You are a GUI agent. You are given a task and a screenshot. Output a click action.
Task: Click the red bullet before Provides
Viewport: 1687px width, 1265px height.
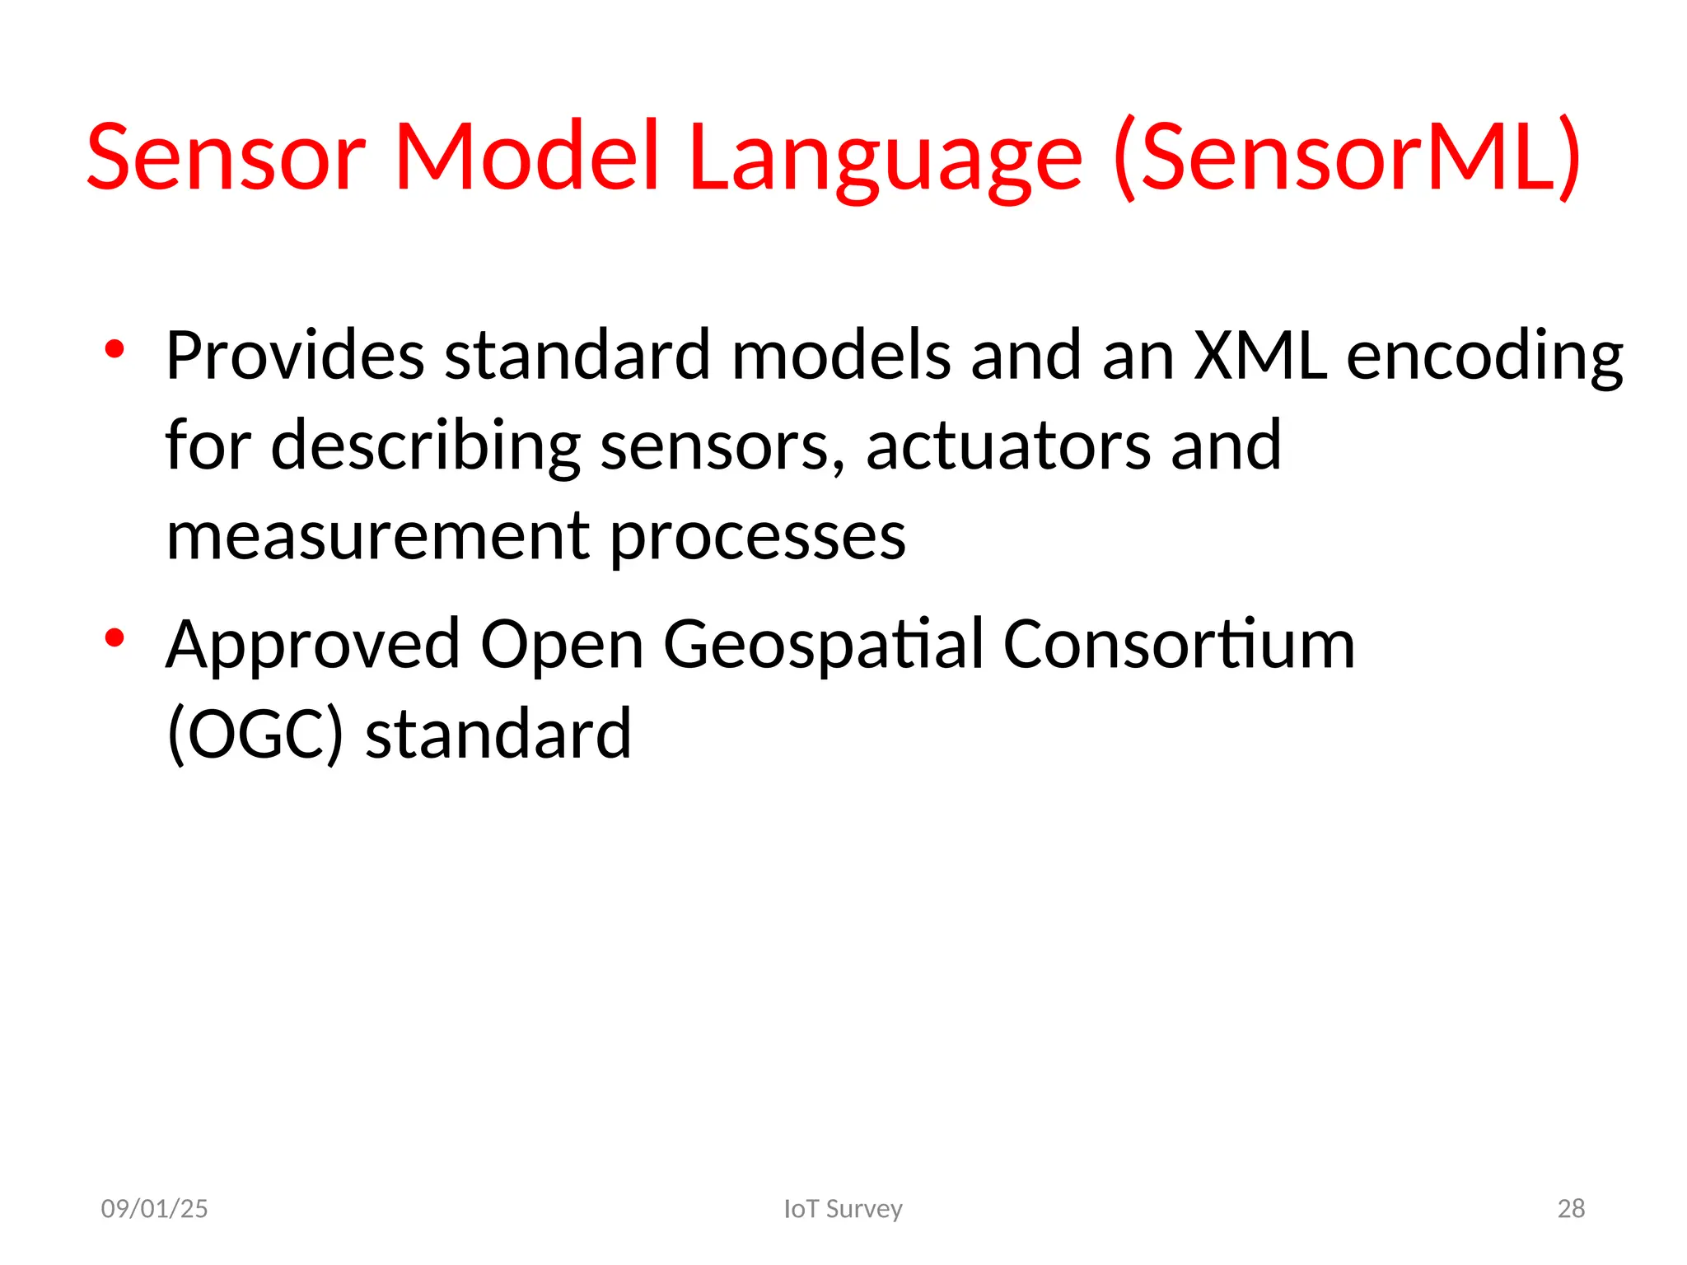click(114, 349)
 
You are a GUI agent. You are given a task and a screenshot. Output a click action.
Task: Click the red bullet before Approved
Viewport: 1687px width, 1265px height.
click(114, 637)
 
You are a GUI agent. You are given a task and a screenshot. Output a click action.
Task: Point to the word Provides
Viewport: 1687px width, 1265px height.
click(295, 356)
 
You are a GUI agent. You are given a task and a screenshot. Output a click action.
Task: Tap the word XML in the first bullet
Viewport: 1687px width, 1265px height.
click(1260, 356)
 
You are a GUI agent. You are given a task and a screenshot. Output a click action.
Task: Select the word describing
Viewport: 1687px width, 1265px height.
click(425, 448)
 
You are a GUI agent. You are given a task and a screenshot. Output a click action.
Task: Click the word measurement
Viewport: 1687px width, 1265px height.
click(378, 537)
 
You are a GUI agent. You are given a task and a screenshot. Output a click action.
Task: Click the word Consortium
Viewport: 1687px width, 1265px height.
click(1178, 644)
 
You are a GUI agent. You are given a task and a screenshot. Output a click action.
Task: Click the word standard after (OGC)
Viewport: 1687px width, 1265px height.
click(498, 735)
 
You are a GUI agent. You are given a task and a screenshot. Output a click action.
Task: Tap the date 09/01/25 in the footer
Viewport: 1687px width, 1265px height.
click(154, 1208)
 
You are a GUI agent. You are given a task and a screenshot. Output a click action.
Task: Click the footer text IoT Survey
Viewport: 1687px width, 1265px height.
click(843, 1208)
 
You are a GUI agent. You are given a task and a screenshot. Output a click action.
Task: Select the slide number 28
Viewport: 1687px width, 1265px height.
click(1571, 1208)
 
